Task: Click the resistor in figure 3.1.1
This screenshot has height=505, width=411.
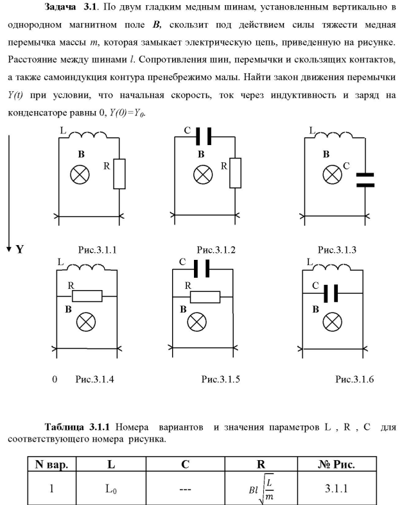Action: point(119,174)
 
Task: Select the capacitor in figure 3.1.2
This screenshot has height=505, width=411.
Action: point(203,137)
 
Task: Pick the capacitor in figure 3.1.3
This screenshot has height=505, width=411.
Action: point(364,179)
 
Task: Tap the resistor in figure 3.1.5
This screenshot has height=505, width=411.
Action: point(205,297)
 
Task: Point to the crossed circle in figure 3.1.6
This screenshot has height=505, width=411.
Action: point(331,322)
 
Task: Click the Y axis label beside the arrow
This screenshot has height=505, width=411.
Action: point(21,249)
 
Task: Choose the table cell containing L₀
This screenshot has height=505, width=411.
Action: point(111,488)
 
